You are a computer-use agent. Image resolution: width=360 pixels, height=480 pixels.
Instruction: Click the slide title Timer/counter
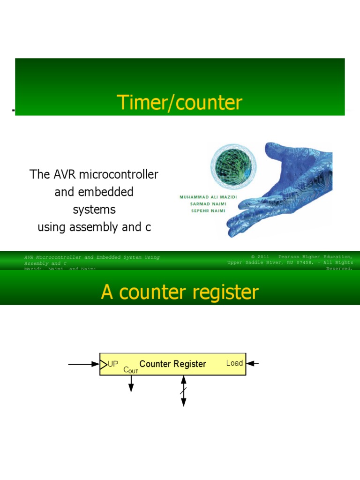180,103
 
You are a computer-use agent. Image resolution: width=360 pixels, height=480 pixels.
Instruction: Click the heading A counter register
180,292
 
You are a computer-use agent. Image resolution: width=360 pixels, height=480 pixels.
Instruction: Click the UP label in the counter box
113,364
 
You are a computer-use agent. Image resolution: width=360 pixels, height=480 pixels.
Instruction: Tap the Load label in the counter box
234,363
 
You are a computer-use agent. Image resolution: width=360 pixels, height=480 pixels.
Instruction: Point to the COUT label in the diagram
131,370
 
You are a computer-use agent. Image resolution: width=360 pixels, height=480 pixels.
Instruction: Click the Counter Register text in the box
172,364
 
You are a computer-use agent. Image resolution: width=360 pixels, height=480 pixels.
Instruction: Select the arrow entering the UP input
83,364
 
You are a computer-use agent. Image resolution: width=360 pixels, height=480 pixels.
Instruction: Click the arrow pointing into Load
253,363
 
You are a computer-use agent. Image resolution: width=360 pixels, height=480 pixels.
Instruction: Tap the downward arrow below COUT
131,384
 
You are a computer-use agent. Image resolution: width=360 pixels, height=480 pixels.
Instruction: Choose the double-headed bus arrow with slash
184,391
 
